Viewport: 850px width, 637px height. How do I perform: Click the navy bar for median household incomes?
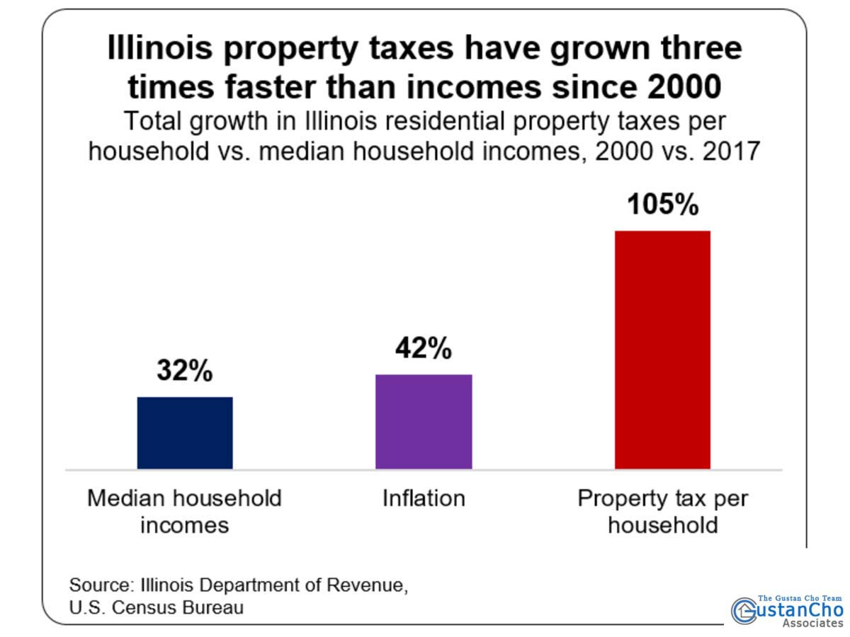185,432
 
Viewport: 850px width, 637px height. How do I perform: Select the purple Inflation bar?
424,421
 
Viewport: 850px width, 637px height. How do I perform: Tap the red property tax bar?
662,350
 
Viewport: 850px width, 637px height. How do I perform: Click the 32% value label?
185,371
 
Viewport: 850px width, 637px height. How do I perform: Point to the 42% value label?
424,348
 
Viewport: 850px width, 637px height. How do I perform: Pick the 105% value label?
662,205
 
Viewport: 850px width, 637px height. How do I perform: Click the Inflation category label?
424,498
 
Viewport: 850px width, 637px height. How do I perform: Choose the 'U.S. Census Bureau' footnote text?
156,607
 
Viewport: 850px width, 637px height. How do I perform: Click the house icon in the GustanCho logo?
744,610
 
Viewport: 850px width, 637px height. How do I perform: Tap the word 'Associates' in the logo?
812,624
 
